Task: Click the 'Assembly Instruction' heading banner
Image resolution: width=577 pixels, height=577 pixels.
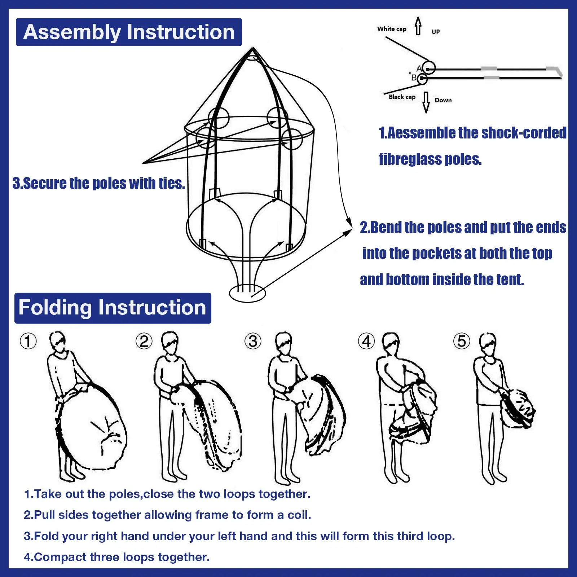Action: [129, 32]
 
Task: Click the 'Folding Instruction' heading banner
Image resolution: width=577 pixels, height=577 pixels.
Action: [113, 308]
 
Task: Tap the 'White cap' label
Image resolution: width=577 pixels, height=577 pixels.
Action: [392, 29]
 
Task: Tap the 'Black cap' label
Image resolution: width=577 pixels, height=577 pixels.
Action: [402, 97]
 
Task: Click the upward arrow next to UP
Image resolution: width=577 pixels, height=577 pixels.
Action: [418, 26]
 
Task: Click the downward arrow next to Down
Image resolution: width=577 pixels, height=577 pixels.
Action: [426, 102]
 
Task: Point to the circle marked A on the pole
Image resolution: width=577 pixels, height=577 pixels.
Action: [429, 68]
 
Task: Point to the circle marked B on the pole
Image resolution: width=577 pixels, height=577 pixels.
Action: [422, 78]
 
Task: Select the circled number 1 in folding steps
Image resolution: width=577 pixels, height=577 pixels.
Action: [28, 341]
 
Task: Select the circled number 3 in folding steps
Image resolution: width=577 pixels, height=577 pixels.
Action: [253, 341]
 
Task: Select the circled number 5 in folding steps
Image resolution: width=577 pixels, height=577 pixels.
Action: [462, 341]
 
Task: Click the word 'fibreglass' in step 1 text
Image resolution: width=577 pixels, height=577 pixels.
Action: [410, 159]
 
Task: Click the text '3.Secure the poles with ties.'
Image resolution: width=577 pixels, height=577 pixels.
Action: [98, 183]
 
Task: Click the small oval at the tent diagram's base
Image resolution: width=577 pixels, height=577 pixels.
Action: [247, 293]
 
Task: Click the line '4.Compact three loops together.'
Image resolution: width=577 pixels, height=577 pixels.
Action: [116, 557]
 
